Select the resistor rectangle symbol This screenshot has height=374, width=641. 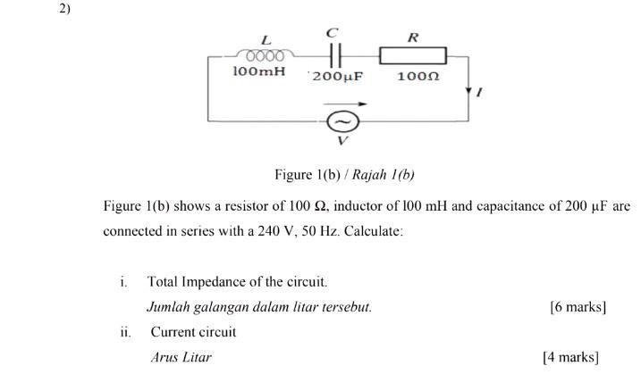(x=412, y=56)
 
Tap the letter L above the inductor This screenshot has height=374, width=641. (x=266, y=39)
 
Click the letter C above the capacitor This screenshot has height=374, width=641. (x=333, y=32)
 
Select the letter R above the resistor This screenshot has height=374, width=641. (x=412, y=37)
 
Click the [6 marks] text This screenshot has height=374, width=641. (x=578, y=307)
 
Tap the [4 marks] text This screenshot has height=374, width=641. (x=570, y=357)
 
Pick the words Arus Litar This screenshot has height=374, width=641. (x=181, y=357)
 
